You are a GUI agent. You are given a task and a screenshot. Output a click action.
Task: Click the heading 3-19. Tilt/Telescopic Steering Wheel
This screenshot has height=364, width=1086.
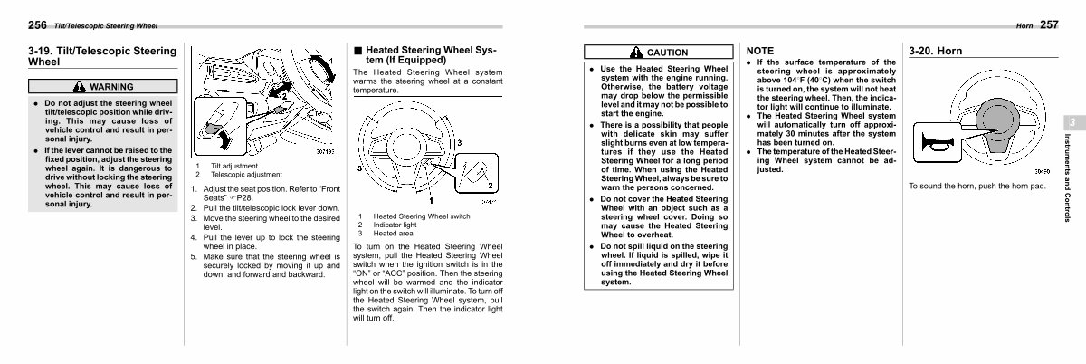[x=101, y=55]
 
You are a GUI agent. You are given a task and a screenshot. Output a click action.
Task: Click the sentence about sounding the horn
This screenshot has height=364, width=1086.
[x=976, y=186]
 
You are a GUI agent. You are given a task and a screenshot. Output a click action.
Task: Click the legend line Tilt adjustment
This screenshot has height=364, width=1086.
[x=234, y=166]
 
